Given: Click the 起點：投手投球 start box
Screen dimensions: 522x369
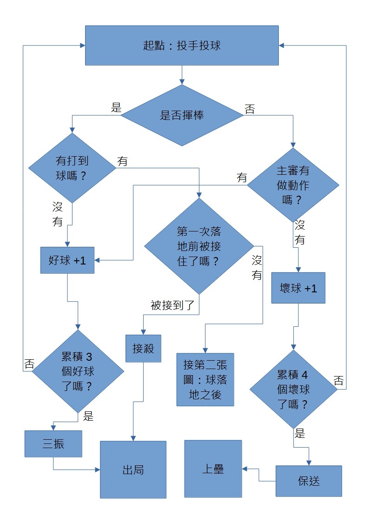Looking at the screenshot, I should pyautogui.click(x=182, y=45).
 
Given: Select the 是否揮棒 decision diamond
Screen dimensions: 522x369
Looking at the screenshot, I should pyautogui.click(x=182, y=115).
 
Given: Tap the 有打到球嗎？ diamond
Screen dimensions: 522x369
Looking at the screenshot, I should pyautogui.click(x=72, y=168).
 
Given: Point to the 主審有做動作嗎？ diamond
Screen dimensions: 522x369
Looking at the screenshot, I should pyautogui.click(x=293, y=185).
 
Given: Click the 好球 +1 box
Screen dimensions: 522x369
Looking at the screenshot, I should pyautogui.click(x=67, y=260).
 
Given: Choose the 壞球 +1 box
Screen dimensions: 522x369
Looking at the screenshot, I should pyautogui.click(x=298, y=288).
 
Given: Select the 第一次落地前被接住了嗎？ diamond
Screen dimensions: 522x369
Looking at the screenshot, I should pyautogui.click(x=199, y=246).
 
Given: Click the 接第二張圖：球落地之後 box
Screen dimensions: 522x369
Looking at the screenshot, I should pyautogui.click(x=205, y=379).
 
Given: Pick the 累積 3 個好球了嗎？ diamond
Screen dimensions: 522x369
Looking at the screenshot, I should pyautogui.click(x=77, y=371).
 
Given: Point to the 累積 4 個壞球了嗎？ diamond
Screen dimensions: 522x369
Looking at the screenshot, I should pyautogui.click(x=293, y=389).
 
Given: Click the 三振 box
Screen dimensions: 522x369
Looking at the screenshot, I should pyautogui.click(x=53, y=444).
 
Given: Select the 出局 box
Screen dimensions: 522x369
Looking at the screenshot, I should pyautogui.click(x=133, y=469).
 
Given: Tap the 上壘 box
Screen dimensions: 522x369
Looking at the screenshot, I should pyautogui.click(x=213, y=469).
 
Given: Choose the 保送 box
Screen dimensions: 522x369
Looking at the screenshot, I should pyautogui.click(x=309, y=481).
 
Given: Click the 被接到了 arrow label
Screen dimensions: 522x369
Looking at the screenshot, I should pyautogui.click(x=172, y=305).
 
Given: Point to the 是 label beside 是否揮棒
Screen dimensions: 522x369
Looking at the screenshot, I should pyautogui.click(x=116, y=108).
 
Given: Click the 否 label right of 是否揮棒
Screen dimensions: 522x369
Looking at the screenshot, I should pyautogui.click(x=250, y=109).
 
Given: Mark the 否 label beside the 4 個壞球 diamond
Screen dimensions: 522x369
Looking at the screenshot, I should pyautogui.click(x=338, y=381).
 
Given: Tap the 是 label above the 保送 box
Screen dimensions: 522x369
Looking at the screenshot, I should pyautogui.click(x=300, y=434).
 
